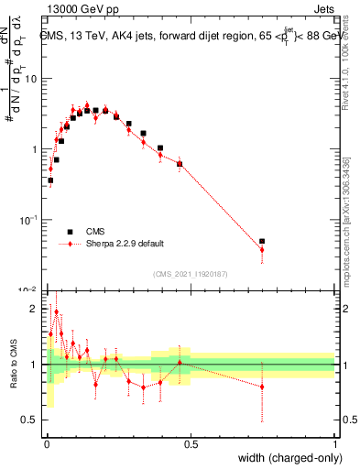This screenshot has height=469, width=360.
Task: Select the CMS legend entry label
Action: (x=96, y=231)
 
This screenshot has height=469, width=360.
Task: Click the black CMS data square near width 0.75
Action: (x=262, y=241)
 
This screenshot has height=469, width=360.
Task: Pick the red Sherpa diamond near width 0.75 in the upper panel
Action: (x=262, y=249)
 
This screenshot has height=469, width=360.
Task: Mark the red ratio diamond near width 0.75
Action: (x=262, y=387)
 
